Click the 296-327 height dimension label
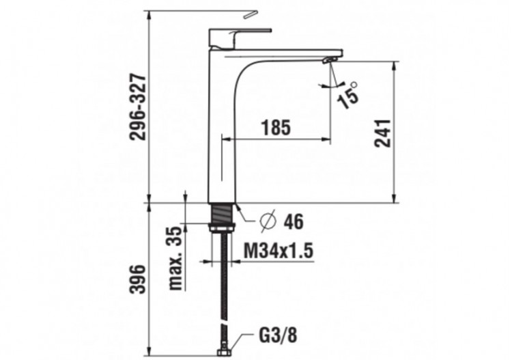tap(139, 106)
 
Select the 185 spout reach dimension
tap(276, 127)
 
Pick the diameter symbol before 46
tap(268, 222)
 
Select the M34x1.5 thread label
tap(278, 251)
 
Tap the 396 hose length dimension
tap(139, 279)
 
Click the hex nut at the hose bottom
tap(223, 352)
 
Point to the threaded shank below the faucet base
tap(223, 217)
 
